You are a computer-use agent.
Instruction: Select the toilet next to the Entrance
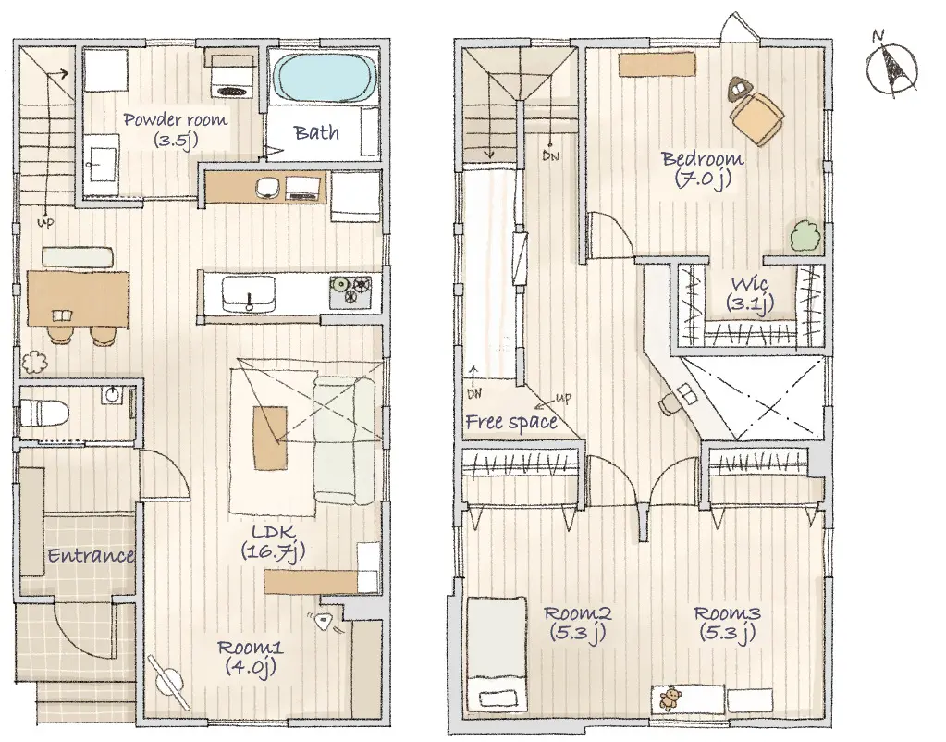pos(43,414)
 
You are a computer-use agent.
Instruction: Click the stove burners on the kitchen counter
pos(350,289)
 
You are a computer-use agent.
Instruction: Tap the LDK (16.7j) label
pos(274,541)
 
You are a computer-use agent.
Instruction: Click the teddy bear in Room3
pos(670,699)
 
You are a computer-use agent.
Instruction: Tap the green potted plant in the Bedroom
pos(805,236)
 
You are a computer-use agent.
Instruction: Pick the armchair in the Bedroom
pos(756,116)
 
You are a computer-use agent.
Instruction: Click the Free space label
pos(511,421)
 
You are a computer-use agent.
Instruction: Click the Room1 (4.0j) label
pos(250,657)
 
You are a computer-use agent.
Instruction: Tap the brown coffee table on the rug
pos(270,438)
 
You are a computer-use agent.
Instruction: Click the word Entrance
pos(91,555)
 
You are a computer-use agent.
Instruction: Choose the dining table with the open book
pos(79,300)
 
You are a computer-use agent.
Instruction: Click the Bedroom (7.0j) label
pos(703,169)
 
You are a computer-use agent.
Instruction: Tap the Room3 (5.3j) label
pos(727,623)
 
